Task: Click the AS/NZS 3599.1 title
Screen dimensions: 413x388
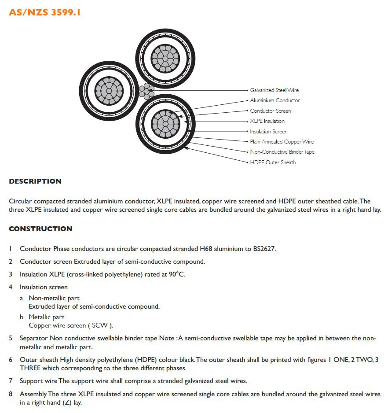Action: (44, 12)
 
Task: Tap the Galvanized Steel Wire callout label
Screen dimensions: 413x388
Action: (274, 90)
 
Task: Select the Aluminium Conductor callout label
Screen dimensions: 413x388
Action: (275, 100)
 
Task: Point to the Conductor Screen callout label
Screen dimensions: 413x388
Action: (270, 111)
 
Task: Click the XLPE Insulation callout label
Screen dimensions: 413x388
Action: (267, 121)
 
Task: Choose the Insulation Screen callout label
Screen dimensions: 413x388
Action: (268, 132)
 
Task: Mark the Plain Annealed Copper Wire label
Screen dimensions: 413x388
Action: (282, 142)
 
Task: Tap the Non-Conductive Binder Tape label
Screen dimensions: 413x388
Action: (282, 152)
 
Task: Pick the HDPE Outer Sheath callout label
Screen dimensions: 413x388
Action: (273, 162)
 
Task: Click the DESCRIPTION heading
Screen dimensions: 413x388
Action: (35, 181)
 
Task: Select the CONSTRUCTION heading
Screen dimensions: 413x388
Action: (40, 229)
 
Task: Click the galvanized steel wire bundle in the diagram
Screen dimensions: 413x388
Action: (146, 91)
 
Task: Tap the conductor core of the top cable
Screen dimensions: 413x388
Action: (165, 57)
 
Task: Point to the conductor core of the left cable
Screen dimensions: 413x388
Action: (107, 90)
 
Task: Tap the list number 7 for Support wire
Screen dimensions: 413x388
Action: (11, 381)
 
